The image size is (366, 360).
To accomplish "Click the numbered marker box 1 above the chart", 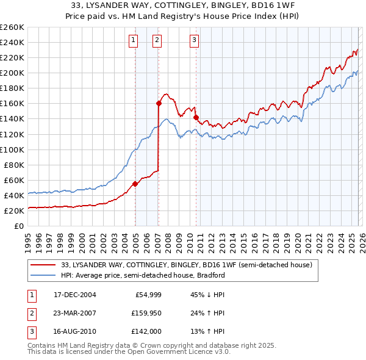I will [134, 41].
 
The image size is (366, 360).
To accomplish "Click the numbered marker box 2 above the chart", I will [157, 41].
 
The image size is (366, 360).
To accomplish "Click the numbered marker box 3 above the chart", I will [194, 41].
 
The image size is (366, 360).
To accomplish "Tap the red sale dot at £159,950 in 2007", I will [159, 103].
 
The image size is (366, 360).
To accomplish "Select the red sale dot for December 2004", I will [135, 184].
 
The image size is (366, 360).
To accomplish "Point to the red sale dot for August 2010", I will [196, 117].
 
